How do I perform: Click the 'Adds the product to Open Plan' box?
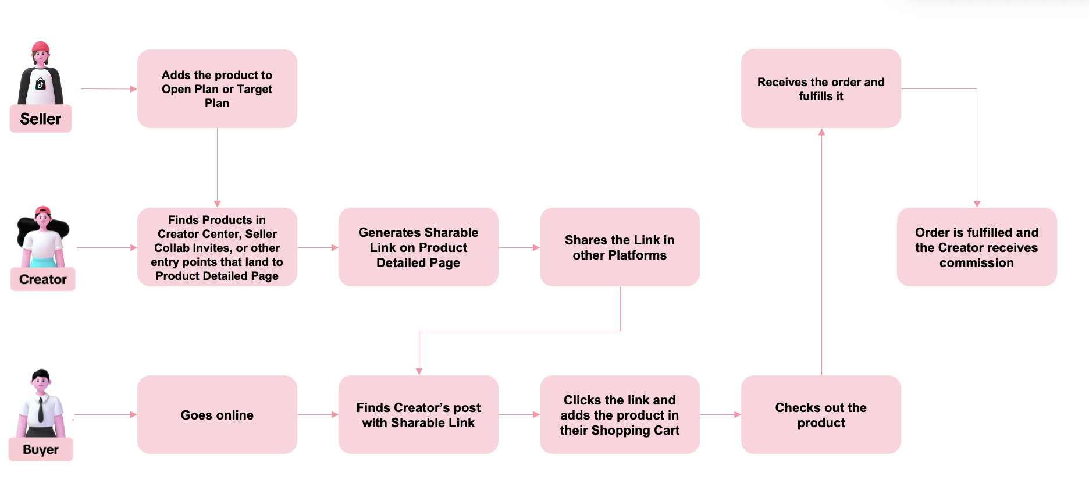(217, 88)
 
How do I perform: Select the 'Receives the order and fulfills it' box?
(821, 88)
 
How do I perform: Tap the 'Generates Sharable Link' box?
(418, 247)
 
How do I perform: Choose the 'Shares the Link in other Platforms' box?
(620, 247)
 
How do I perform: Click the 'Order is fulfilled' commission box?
(977, 247)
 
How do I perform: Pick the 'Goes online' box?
(217, 414)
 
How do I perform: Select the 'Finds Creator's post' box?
(418, 414)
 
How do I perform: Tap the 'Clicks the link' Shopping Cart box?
(620, 414)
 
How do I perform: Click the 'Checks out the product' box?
(821, 414)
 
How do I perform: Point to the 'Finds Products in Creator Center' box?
(217, 247)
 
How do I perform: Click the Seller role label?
(41, 119)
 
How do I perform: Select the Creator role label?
(43, 279)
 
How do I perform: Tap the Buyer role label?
(41, 449)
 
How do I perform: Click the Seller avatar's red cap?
(41, 47)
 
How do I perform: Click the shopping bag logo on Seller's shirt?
(40, 84)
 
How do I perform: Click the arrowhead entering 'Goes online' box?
(134, 414)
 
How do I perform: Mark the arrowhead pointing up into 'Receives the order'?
(821, 132)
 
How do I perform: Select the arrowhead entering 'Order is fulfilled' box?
(977, 204)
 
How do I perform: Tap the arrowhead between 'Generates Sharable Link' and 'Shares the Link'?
(536, 247)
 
